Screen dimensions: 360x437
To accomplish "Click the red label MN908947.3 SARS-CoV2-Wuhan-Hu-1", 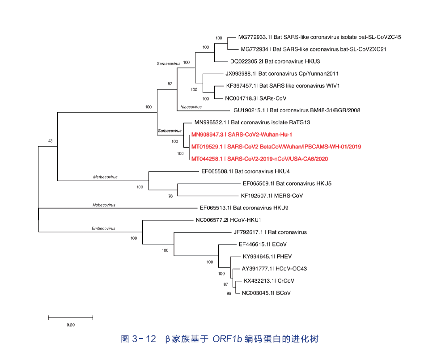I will point(242,134).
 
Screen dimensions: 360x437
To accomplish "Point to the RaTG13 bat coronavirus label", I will point(252,122).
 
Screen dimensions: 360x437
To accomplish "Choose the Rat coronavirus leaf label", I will point(270,232).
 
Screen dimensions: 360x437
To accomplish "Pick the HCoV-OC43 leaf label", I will point(274,269).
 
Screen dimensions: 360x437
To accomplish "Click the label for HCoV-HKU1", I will point(228,220).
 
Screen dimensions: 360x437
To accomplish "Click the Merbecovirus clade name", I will point(105,177).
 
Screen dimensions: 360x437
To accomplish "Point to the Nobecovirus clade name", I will point(104,205).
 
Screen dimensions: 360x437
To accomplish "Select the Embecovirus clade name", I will point(103,229).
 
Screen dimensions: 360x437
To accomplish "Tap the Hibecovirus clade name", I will point(191,107).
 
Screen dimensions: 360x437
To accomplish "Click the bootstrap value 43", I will point(51,141).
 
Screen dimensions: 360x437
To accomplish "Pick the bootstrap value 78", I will point(170,196).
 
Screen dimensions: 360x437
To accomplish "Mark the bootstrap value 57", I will point(170,84).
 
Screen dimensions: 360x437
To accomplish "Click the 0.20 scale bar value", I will point(71,325).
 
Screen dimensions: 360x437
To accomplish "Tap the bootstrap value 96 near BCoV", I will point(229,294).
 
